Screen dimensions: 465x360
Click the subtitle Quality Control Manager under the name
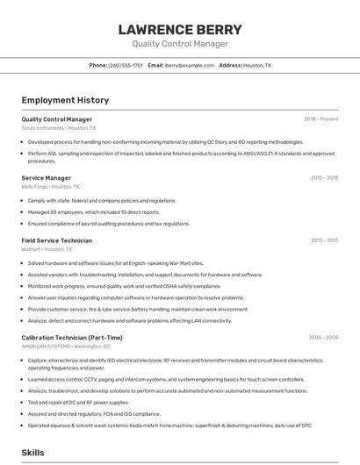point(180,44)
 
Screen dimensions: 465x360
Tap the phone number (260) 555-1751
point(126,65)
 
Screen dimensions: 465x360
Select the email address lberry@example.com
point(190,65)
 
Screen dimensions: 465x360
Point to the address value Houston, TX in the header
point(257,65)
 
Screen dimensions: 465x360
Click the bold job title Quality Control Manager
point(56,119)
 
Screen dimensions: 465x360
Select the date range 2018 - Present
point(320,119)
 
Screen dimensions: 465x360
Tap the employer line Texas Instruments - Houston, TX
point(58,128)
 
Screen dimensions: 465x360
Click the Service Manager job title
point(46,178)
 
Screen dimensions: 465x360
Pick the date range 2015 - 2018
point(324,178)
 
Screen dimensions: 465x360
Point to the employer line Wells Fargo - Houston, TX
point(50,187)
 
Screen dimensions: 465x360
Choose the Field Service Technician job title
point(56,240)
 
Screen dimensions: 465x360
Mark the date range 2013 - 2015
point(324,240)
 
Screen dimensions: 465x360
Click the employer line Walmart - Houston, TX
point(47,249)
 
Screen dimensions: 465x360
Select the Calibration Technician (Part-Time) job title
point(72,338)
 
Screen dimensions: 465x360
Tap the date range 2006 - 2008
point(323,338)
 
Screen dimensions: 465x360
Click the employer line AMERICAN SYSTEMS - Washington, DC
point(65,347)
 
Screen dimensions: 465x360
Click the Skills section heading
point(33,453)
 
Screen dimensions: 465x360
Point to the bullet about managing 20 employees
point(94,211)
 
